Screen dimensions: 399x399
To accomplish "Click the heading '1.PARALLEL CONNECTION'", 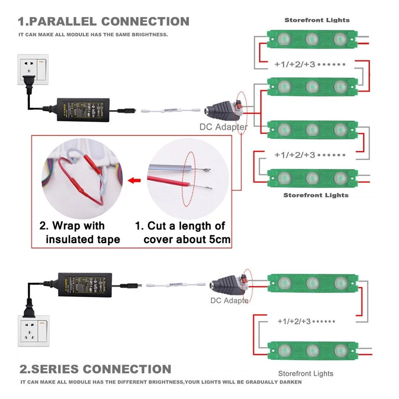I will (x=103, y=21).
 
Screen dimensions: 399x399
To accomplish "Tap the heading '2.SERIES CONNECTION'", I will (x=95, y=369).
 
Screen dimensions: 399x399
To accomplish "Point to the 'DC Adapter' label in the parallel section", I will (x=223, y=127).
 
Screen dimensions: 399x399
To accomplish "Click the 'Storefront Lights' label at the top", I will (x=317, y=20).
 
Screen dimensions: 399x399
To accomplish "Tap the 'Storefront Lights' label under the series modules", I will (x=305, y=374).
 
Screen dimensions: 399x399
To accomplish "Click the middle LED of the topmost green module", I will (x=312, y=39).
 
